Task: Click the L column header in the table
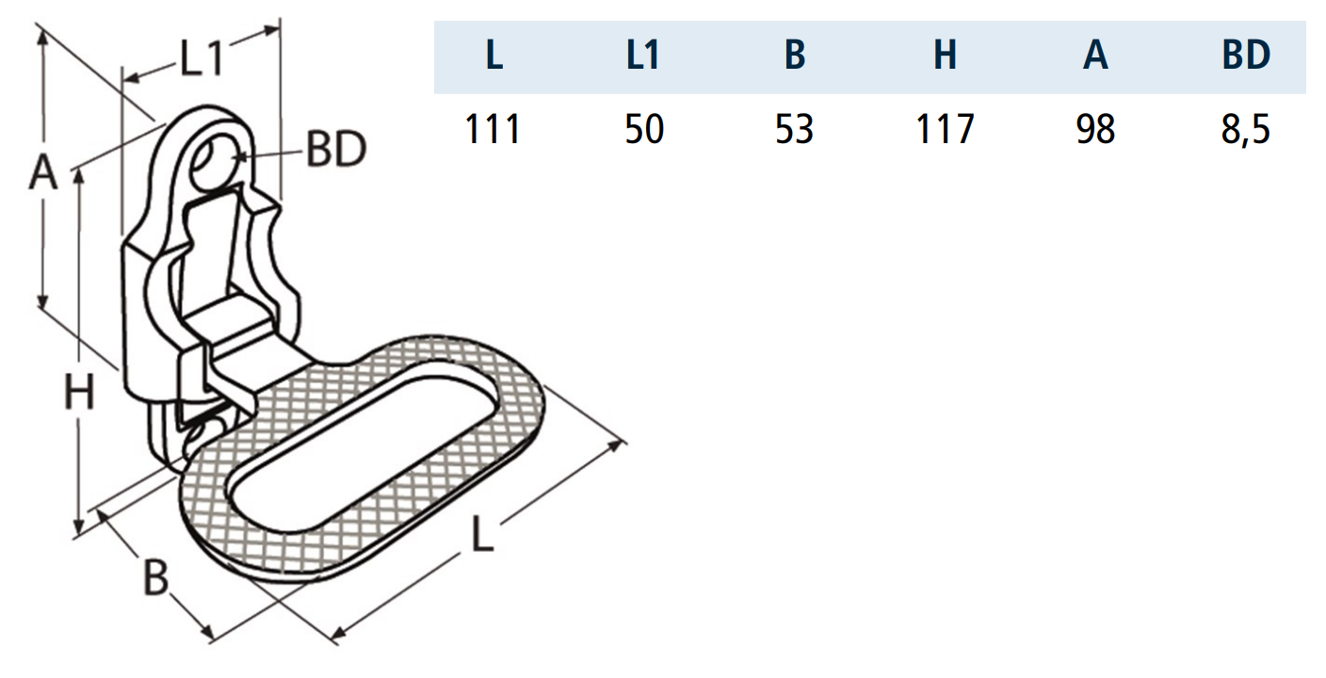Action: click(493, 57)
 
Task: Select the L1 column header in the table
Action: click(643, 57)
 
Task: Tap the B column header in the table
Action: click(795, 57)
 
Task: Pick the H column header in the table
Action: click(945, 57)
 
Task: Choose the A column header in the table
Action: click(1095, 57)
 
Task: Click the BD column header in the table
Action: click(1246, 57)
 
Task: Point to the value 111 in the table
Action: click(493, 129)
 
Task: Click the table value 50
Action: click(644, 129)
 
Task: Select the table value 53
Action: click(794, 129)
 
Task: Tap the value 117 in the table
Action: click(945, 129)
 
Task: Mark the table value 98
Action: click(1095, 129)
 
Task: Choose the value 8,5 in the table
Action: click(1245, 129)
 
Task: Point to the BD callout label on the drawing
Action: click(335, 151)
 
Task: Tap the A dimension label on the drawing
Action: click(41, 175)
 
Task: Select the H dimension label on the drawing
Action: click(80, 393)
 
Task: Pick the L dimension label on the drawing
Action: click(482, 538)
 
